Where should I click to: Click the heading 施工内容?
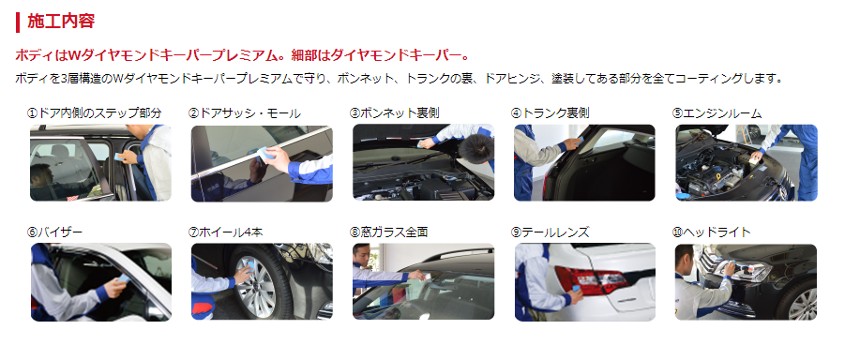61,22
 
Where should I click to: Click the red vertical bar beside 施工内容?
18,22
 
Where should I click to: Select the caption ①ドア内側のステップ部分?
95,113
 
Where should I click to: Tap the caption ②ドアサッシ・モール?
244,113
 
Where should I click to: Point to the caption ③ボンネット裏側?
394,113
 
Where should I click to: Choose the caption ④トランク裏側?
550,113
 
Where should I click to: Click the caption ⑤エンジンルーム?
717,113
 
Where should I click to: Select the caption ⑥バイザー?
54,232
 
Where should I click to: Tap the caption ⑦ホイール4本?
225,232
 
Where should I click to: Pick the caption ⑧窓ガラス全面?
388,232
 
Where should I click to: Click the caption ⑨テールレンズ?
550,232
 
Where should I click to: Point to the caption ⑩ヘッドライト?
711,232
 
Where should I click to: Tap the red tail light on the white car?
591,279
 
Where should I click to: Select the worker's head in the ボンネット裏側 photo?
475,147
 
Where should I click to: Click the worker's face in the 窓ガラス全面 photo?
361,255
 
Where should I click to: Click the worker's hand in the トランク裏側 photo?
572,143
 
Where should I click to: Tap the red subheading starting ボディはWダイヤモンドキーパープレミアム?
242,55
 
